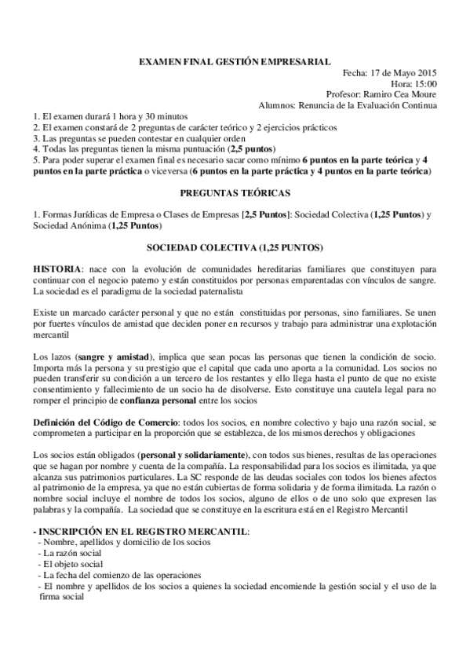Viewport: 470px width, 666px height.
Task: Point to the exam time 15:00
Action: pos(424,82)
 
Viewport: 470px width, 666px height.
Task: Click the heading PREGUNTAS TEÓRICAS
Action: pos(235,192)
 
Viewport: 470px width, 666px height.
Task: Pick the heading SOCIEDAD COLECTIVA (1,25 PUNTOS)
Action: pos(235,247)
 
